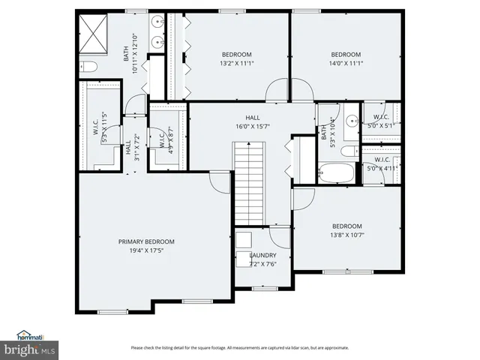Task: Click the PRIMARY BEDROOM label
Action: point(146,241)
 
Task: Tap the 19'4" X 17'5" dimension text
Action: point(146,251)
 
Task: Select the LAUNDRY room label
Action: point(262,255)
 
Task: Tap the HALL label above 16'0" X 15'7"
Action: point(252,118)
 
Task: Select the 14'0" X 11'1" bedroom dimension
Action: point(346,64)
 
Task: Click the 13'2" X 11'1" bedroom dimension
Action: point(236,64)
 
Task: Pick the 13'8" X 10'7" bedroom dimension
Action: point(346,236)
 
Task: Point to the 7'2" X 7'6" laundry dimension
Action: point(262,264)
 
